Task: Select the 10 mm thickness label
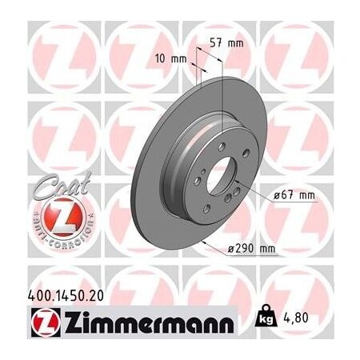tap(172, 58)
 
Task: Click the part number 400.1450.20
tap(52, 296)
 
